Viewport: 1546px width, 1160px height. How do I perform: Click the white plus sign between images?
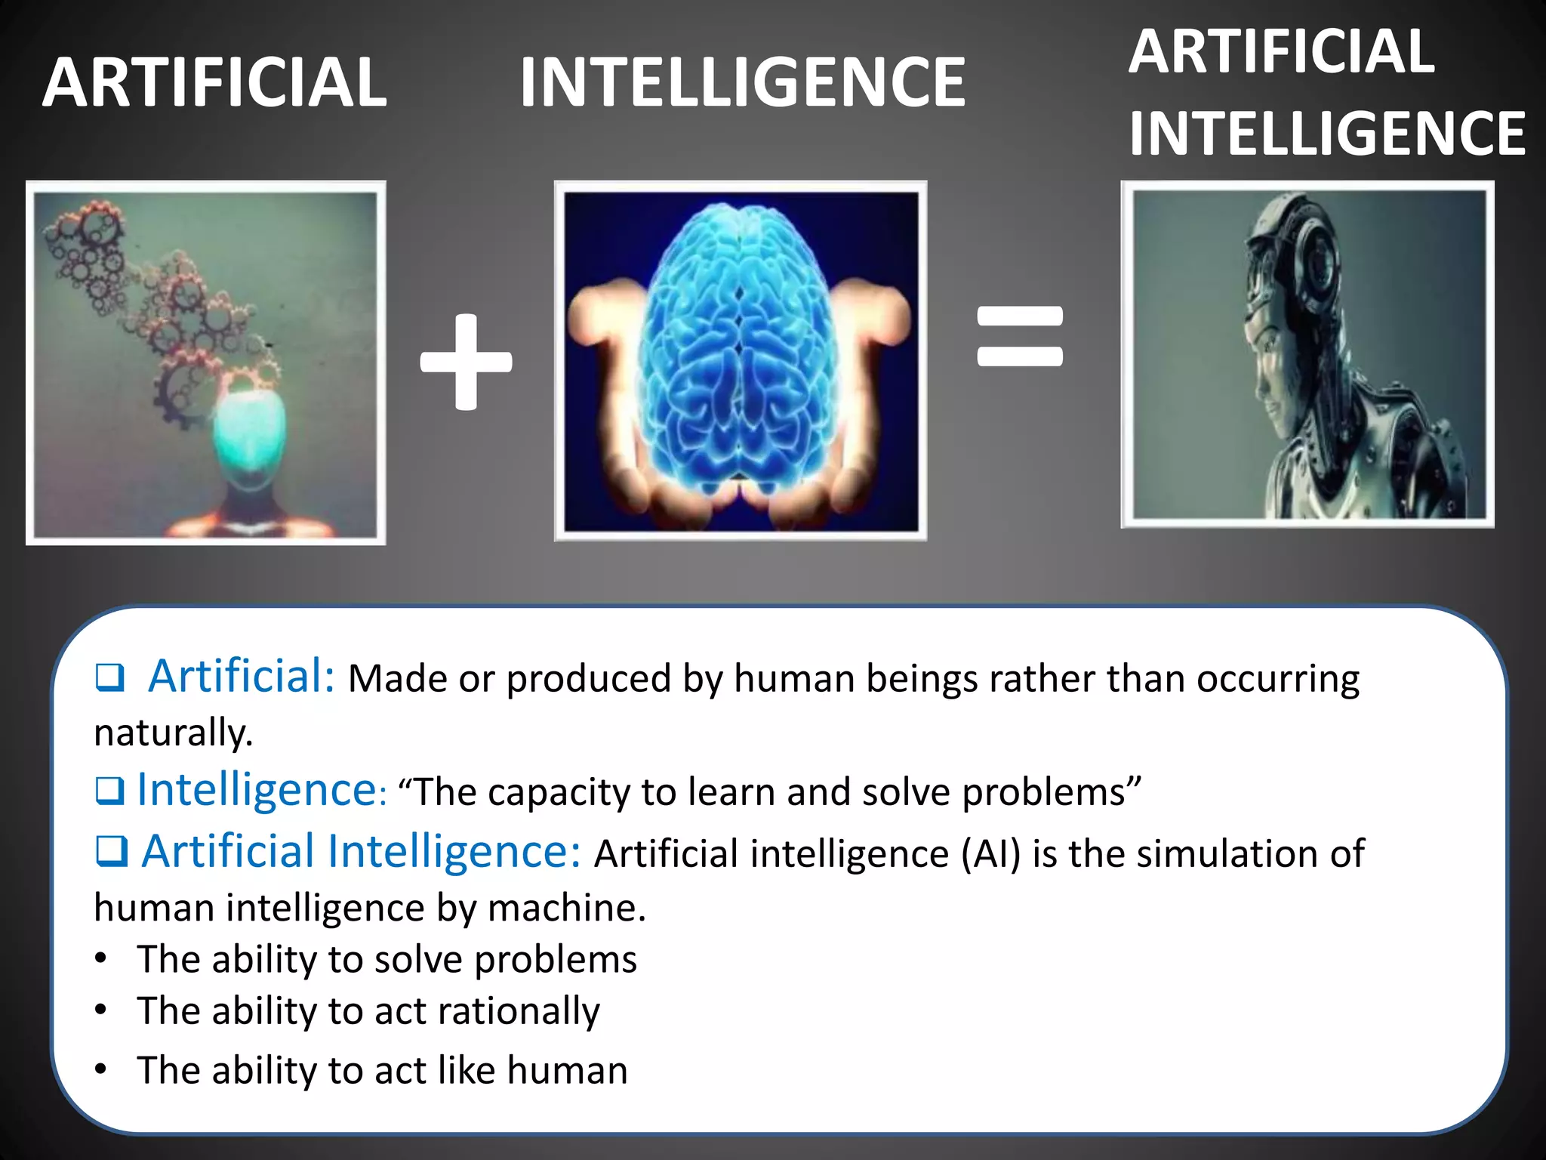point(467,362)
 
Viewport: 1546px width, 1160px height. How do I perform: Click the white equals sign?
point(1020,336)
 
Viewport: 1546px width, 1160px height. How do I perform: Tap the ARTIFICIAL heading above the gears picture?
point(215,82)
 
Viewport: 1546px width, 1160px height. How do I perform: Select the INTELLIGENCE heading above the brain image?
point(742,82)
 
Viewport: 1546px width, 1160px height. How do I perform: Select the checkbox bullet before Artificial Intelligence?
point(112,852)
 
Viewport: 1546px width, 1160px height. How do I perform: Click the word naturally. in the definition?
point(174,733)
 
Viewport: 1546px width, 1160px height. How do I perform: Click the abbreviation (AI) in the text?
point(990,853)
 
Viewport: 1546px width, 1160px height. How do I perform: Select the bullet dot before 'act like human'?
point(101,1069)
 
